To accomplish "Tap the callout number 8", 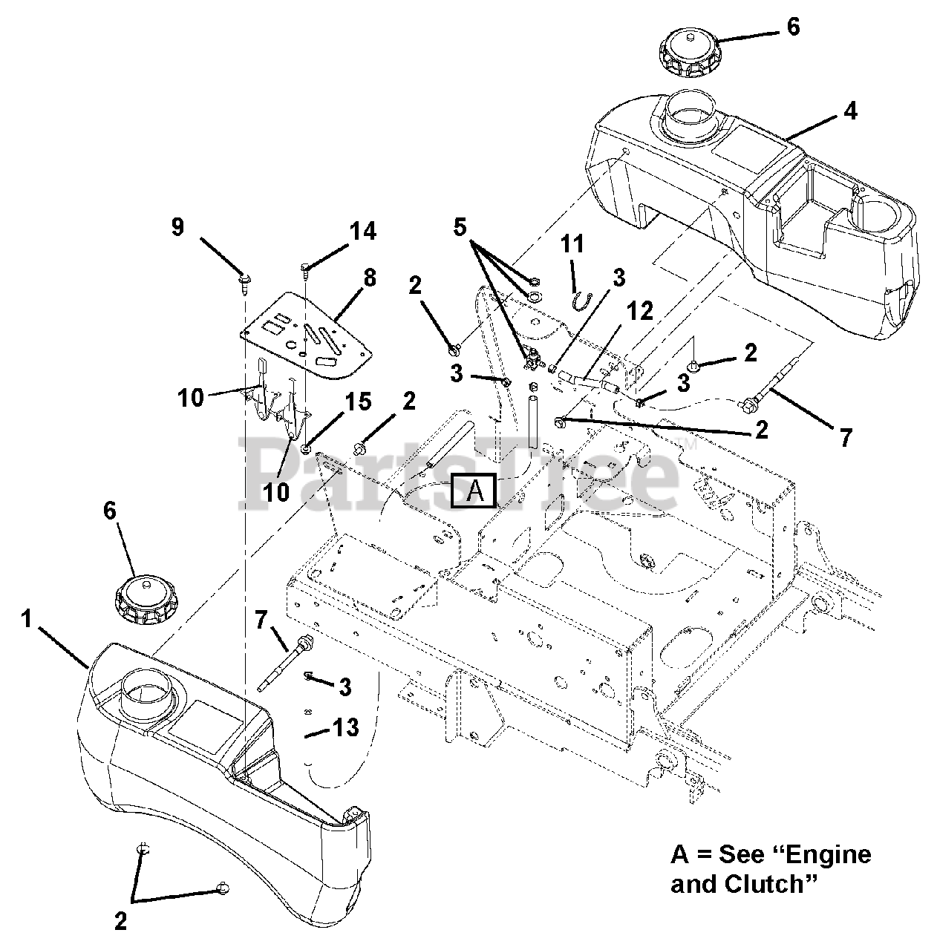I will tap(370, 278).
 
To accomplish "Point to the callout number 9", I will tap(177, 226).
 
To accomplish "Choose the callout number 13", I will tap(346, 728).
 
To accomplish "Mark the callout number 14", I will tap(363, 231).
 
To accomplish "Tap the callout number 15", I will tap(359, 402).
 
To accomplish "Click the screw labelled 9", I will tap(244, 280).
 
